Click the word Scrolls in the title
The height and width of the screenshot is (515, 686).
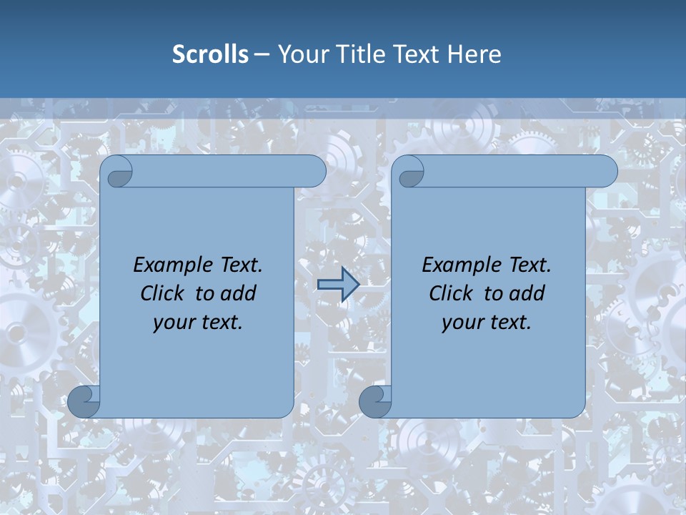(x=210, y=54)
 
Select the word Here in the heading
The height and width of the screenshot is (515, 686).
(x=474, y=54)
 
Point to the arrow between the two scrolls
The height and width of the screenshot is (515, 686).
(x=338, y=285)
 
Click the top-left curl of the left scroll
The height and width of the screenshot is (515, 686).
(x=118, y=172)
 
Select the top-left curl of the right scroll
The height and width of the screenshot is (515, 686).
(x=409, y=172)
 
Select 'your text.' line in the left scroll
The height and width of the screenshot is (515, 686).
(x=198, y=323)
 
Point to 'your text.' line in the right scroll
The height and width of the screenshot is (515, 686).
(x=487, y=323)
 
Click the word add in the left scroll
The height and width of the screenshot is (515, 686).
(x=239, y=293)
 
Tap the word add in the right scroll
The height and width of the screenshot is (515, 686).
(x=528, y=293)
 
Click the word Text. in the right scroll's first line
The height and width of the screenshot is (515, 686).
(x=530, y=265)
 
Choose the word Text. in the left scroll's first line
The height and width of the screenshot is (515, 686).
(x=241, y=265)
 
